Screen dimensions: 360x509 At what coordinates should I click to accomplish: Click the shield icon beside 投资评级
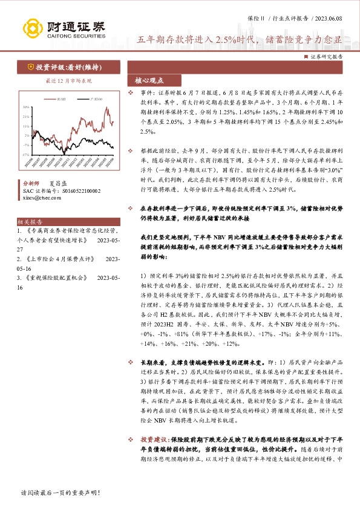coord(30,67)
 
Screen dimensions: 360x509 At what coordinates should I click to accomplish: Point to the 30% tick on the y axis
coord(26,107)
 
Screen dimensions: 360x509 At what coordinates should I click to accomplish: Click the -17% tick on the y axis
coord(26,155)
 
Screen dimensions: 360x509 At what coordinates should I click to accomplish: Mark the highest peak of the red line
coord(106,110)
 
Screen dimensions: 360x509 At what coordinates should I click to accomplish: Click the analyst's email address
coord(38,197)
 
